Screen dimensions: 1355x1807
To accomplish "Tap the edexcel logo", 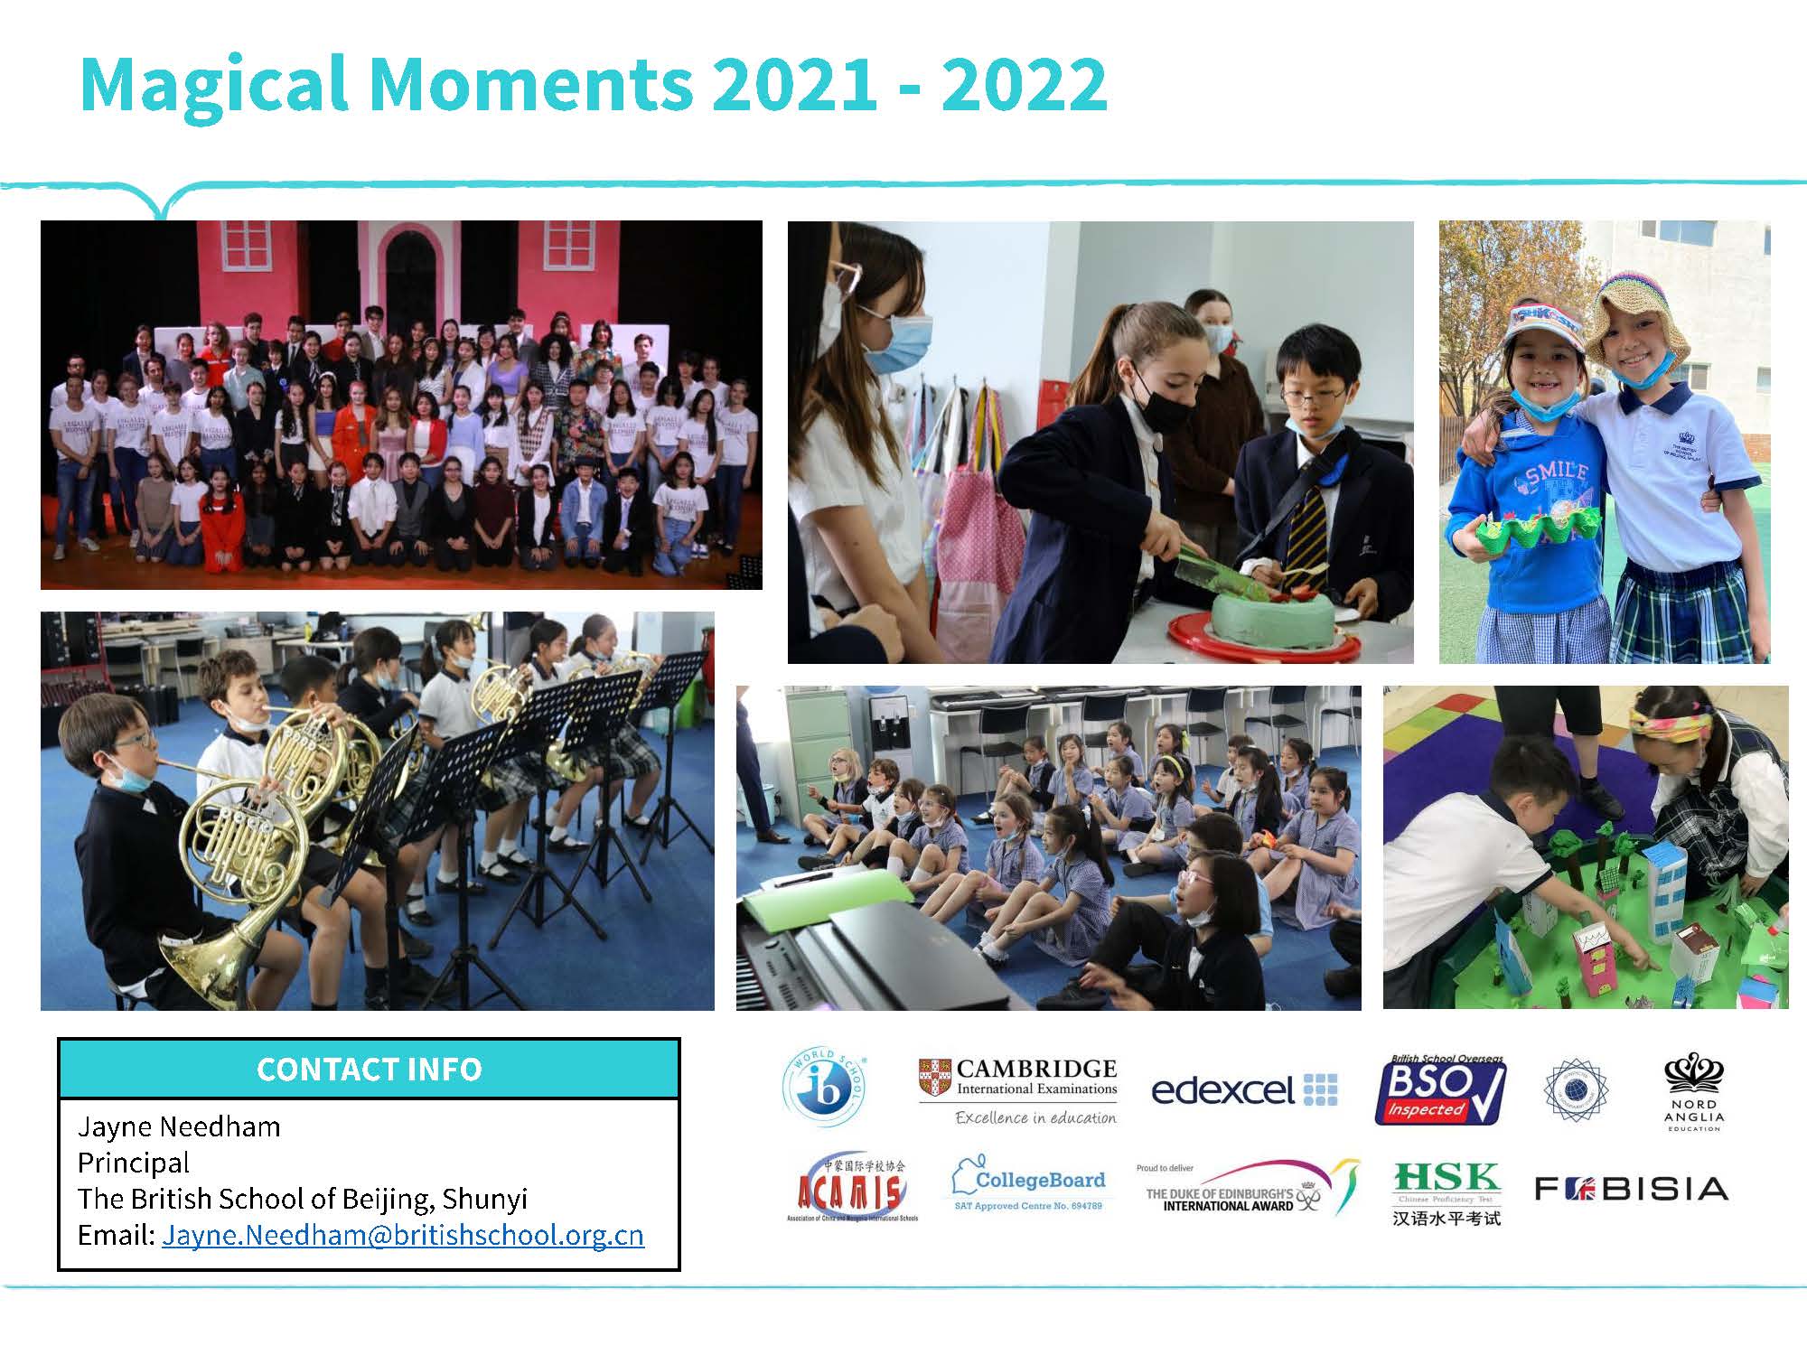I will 1244,1090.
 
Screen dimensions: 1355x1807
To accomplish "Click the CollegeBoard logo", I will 1029,1184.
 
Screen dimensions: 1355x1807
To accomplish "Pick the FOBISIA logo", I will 1631,1188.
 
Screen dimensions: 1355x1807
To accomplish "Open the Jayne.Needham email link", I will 403,1235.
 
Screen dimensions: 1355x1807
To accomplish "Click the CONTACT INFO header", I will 369,1069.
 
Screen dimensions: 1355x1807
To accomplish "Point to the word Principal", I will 134,1162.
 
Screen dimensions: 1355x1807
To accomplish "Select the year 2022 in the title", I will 1024,84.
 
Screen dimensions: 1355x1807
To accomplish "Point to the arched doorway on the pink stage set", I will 411,276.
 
